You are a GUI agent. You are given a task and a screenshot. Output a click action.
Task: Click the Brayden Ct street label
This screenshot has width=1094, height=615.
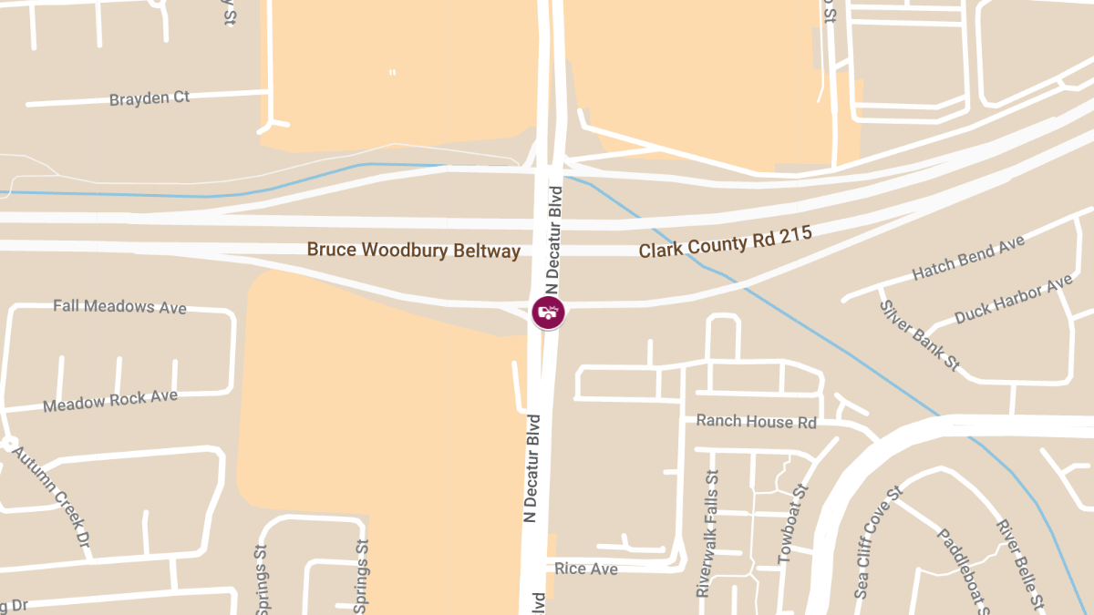point(150,98)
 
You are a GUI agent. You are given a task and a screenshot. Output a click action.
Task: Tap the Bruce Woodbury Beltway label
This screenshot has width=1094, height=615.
point(413,250)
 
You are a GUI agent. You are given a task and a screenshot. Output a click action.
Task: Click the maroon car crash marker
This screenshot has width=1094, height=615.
point(548,313)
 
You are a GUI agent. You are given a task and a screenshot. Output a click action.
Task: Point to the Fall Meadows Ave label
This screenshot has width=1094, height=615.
point(119,307)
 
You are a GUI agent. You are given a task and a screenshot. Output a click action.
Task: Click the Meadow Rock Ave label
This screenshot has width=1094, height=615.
point(110,401)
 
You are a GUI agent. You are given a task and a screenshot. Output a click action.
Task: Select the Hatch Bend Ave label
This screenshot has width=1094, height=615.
point(968,258)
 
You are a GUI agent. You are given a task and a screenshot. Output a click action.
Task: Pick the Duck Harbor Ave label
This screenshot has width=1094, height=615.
point(1013,300)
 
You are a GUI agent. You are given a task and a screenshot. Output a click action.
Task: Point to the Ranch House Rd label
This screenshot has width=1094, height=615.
point(756,422)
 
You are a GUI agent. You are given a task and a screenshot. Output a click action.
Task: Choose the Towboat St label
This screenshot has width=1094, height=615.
point(793,523)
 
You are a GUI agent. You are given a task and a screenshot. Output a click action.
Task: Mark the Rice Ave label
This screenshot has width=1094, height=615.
point(586,569)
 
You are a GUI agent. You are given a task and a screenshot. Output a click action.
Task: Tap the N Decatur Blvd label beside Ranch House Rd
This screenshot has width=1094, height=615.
point(533,468)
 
